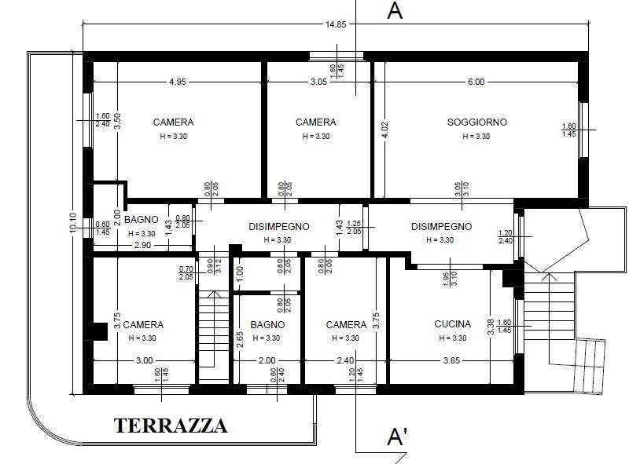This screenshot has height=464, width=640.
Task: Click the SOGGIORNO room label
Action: [x=476, y=122]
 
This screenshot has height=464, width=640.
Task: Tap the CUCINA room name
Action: [x=452, y=324]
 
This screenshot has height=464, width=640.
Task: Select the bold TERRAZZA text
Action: [x=171, y=426]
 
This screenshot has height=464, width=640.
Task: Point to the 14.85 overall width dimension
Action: [x=336, y=24]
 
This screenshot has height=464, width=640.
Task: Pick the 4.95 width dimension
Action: [x=178, y=82]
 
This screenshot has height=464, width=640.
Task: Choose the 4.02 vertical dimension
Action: [x=384, y=130]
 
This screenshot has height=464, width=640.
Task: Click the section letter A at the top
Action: [x=396, y=11]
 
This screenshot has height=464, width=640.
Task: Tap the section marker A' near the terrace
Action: [x=398, y=437]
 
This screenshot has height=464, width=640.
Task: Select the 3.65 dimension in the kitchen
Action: [x=452, y=360]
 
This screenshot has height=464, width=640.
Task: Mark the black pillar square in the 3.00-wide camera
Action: [x=99, y=331]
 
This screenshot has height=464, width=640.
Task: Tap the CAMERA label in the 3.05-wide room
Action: [x=315, y=122]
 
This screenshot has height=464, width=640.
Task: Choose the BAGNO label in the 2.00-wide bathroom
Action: [x=267, y=324]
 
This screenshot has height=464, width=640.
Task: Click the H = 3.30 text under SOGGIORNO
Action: [x=476, y=137]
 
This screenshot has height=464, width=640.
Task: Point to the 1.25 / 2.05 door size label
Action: [x=354, y=227]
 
